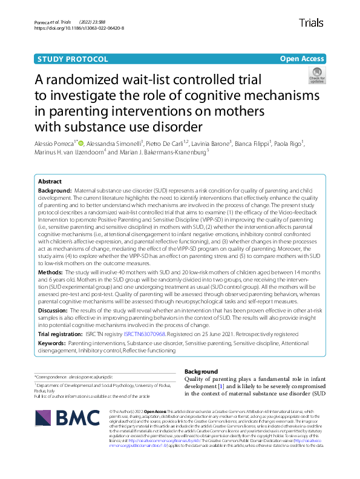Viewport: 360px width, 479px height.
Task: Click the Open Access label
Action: pyautogui.click(x=302, y=59)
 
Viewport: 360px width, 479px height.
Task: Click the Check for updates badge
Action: pyautogui.click(x=316, y=75)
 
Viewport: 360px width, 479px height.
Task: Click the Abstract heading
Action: pyautogui.click(x=50, y=182)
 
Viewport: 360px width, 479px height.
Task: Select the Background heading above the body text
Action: pyautogui.click(x=201, y=371)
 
